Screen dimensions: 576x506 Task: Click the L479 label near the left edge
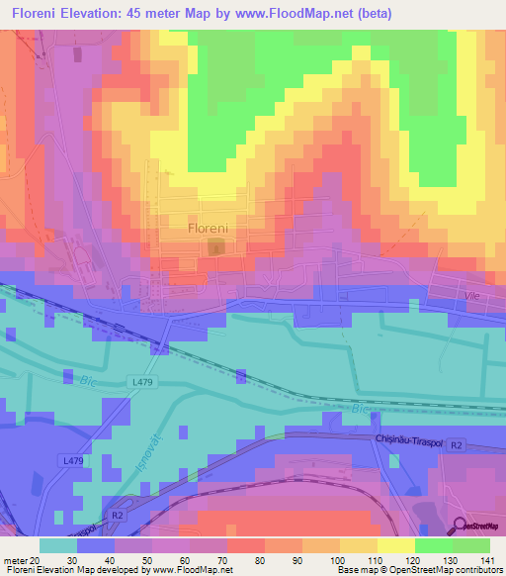pyautogui.click(x=73, y=460)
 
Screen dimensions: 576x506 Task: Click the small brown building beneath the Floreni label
pyautogui.click(x=216, y=244)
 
